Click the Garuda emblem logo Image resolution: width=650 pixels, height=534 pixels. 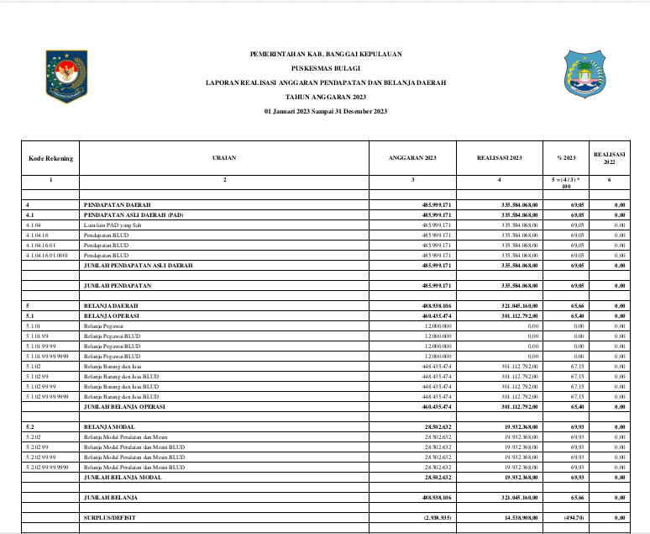66,77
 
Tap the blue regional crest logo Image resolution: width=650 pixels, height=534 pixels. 583,77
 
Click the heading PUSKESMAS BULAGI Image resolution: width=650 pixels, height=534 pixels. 326,68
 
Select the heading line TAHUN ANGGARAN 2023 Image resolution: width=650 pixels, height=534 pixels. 326,98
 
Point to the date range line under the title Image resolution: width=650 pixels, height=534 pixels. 326,112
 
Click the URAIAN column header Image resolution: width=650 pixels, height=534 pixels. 224,157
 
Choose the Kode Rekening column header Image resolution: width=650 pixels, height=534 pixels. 50,157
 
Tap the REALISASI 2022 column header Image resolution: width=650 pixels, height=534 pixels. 610,157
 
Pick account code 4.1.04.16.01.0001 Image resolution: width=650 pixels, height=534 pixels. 48,254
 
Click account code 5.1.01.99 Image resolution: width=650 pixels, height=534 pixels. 38,336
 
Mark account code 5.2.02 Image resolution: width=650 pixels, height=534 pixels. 34,436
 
